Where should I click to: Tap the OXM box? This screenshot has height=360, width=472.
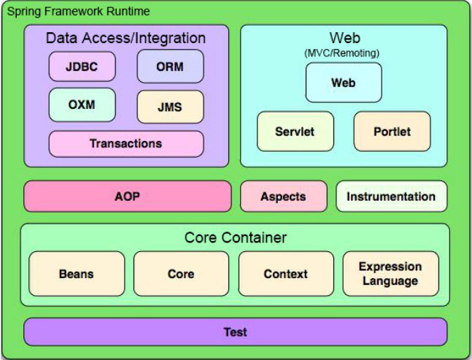(82, 104)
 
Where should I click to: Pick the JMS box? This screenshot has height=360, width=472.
(170, 107)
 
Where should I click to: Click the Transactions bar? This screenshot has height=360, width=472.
(125, 143)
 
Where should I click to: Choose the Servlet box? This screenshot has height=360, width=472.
(295, 131)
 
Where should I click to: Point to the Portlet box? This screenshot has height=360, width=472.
(392, 131)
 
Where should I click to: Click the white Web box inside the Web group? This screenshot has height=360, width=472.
(343, 83)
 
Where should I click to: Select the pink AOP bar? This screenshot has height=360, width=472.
(127, 196)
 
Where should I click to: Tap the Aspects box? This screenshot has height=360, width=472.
(283, 196)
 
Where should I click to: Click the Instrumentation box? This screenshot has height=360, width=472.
(391, 196)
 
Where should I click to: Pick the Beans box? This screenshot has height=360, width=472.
(76, 274)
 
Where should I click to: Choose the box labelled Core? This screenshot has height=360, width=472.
(181, 274)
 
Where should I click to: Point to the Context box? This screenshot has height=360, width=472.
(285, 274)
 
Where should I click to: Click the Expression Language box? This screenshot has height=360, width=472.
(390, 274)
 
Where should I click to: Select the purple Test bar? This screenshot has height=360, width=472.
(235, 332)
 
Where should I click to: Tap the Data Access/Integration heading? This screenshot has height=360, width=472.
(125, 38)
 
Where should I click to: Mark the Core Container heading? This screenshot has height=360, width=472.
(235, 238)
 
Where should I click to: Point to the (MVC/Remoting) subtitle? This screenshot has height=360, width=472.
(343, 53)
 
